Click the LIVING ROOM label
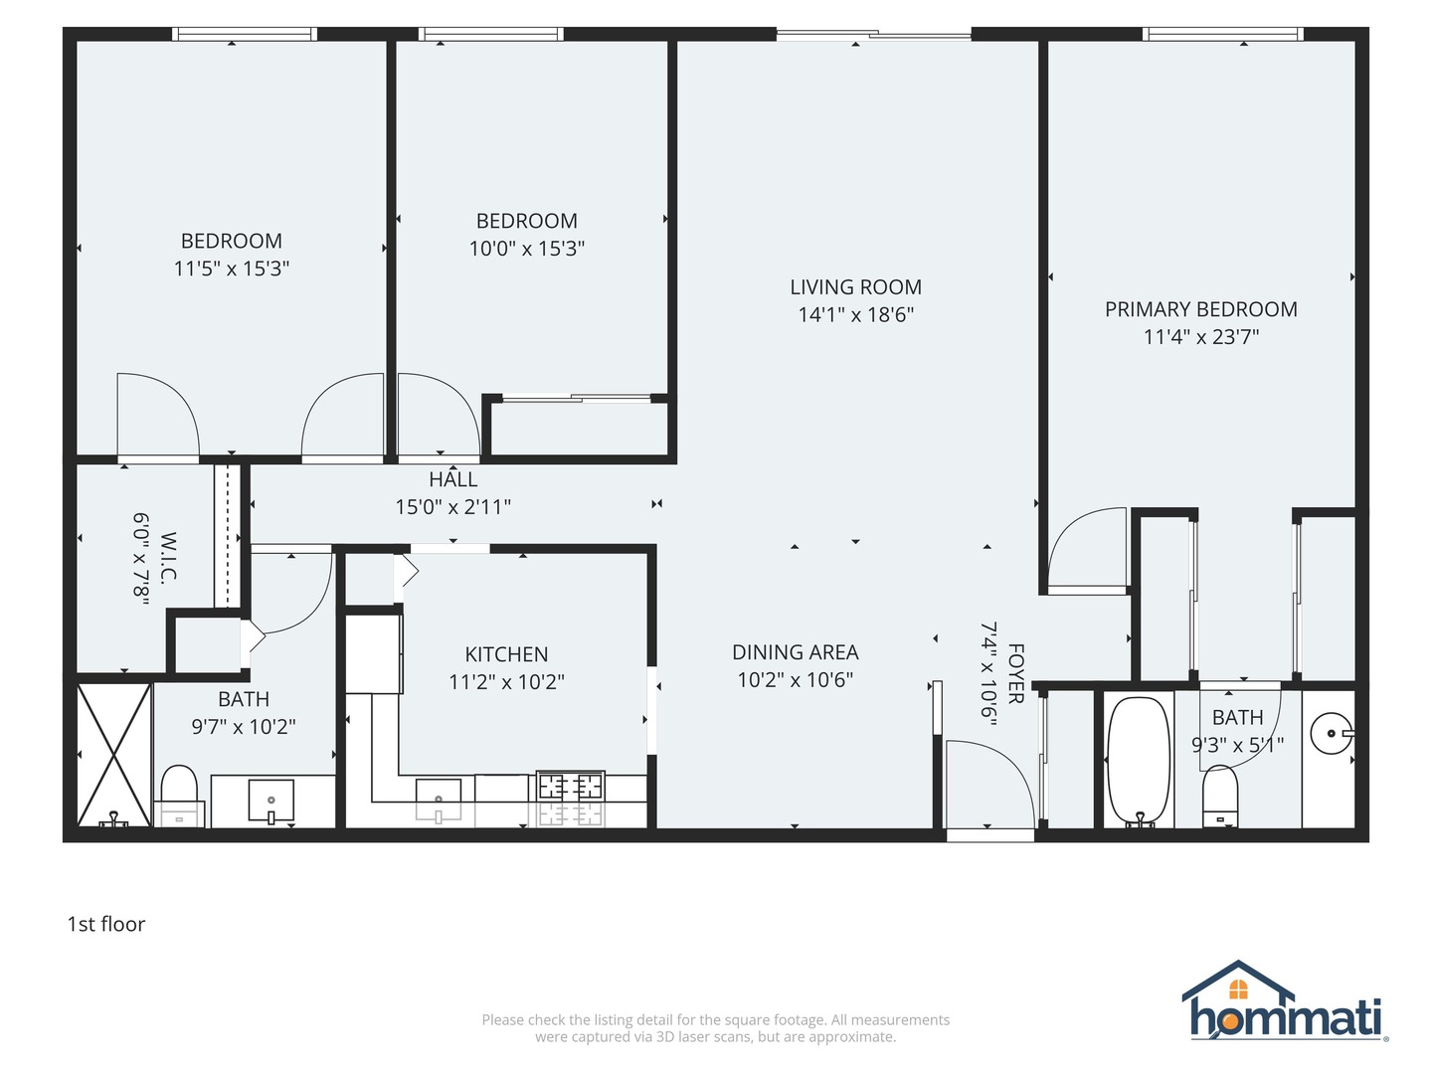(855, 287)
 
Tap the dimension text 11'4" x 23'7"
(1200, 337)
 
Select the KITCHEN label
(506, 654)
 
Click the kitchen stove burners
(571, 787)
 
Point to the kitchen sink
(439, 796)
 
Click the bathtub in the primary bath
(1140, 761)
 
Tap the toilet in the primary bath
(1220, 797)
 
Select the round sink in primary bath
(1331, 734)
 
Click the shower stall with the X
(113, 754)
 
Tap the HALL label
(453, 479)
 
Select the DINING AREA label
(795, 652)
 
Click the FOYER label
(1015, 673)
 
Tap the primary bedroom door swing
(1089, 549)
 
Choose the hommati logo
(1286, 1004)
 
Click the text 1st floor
(105, 924)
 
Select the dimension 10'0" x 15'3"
(526, 249)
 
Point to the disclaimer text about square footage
(715, 1028)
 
